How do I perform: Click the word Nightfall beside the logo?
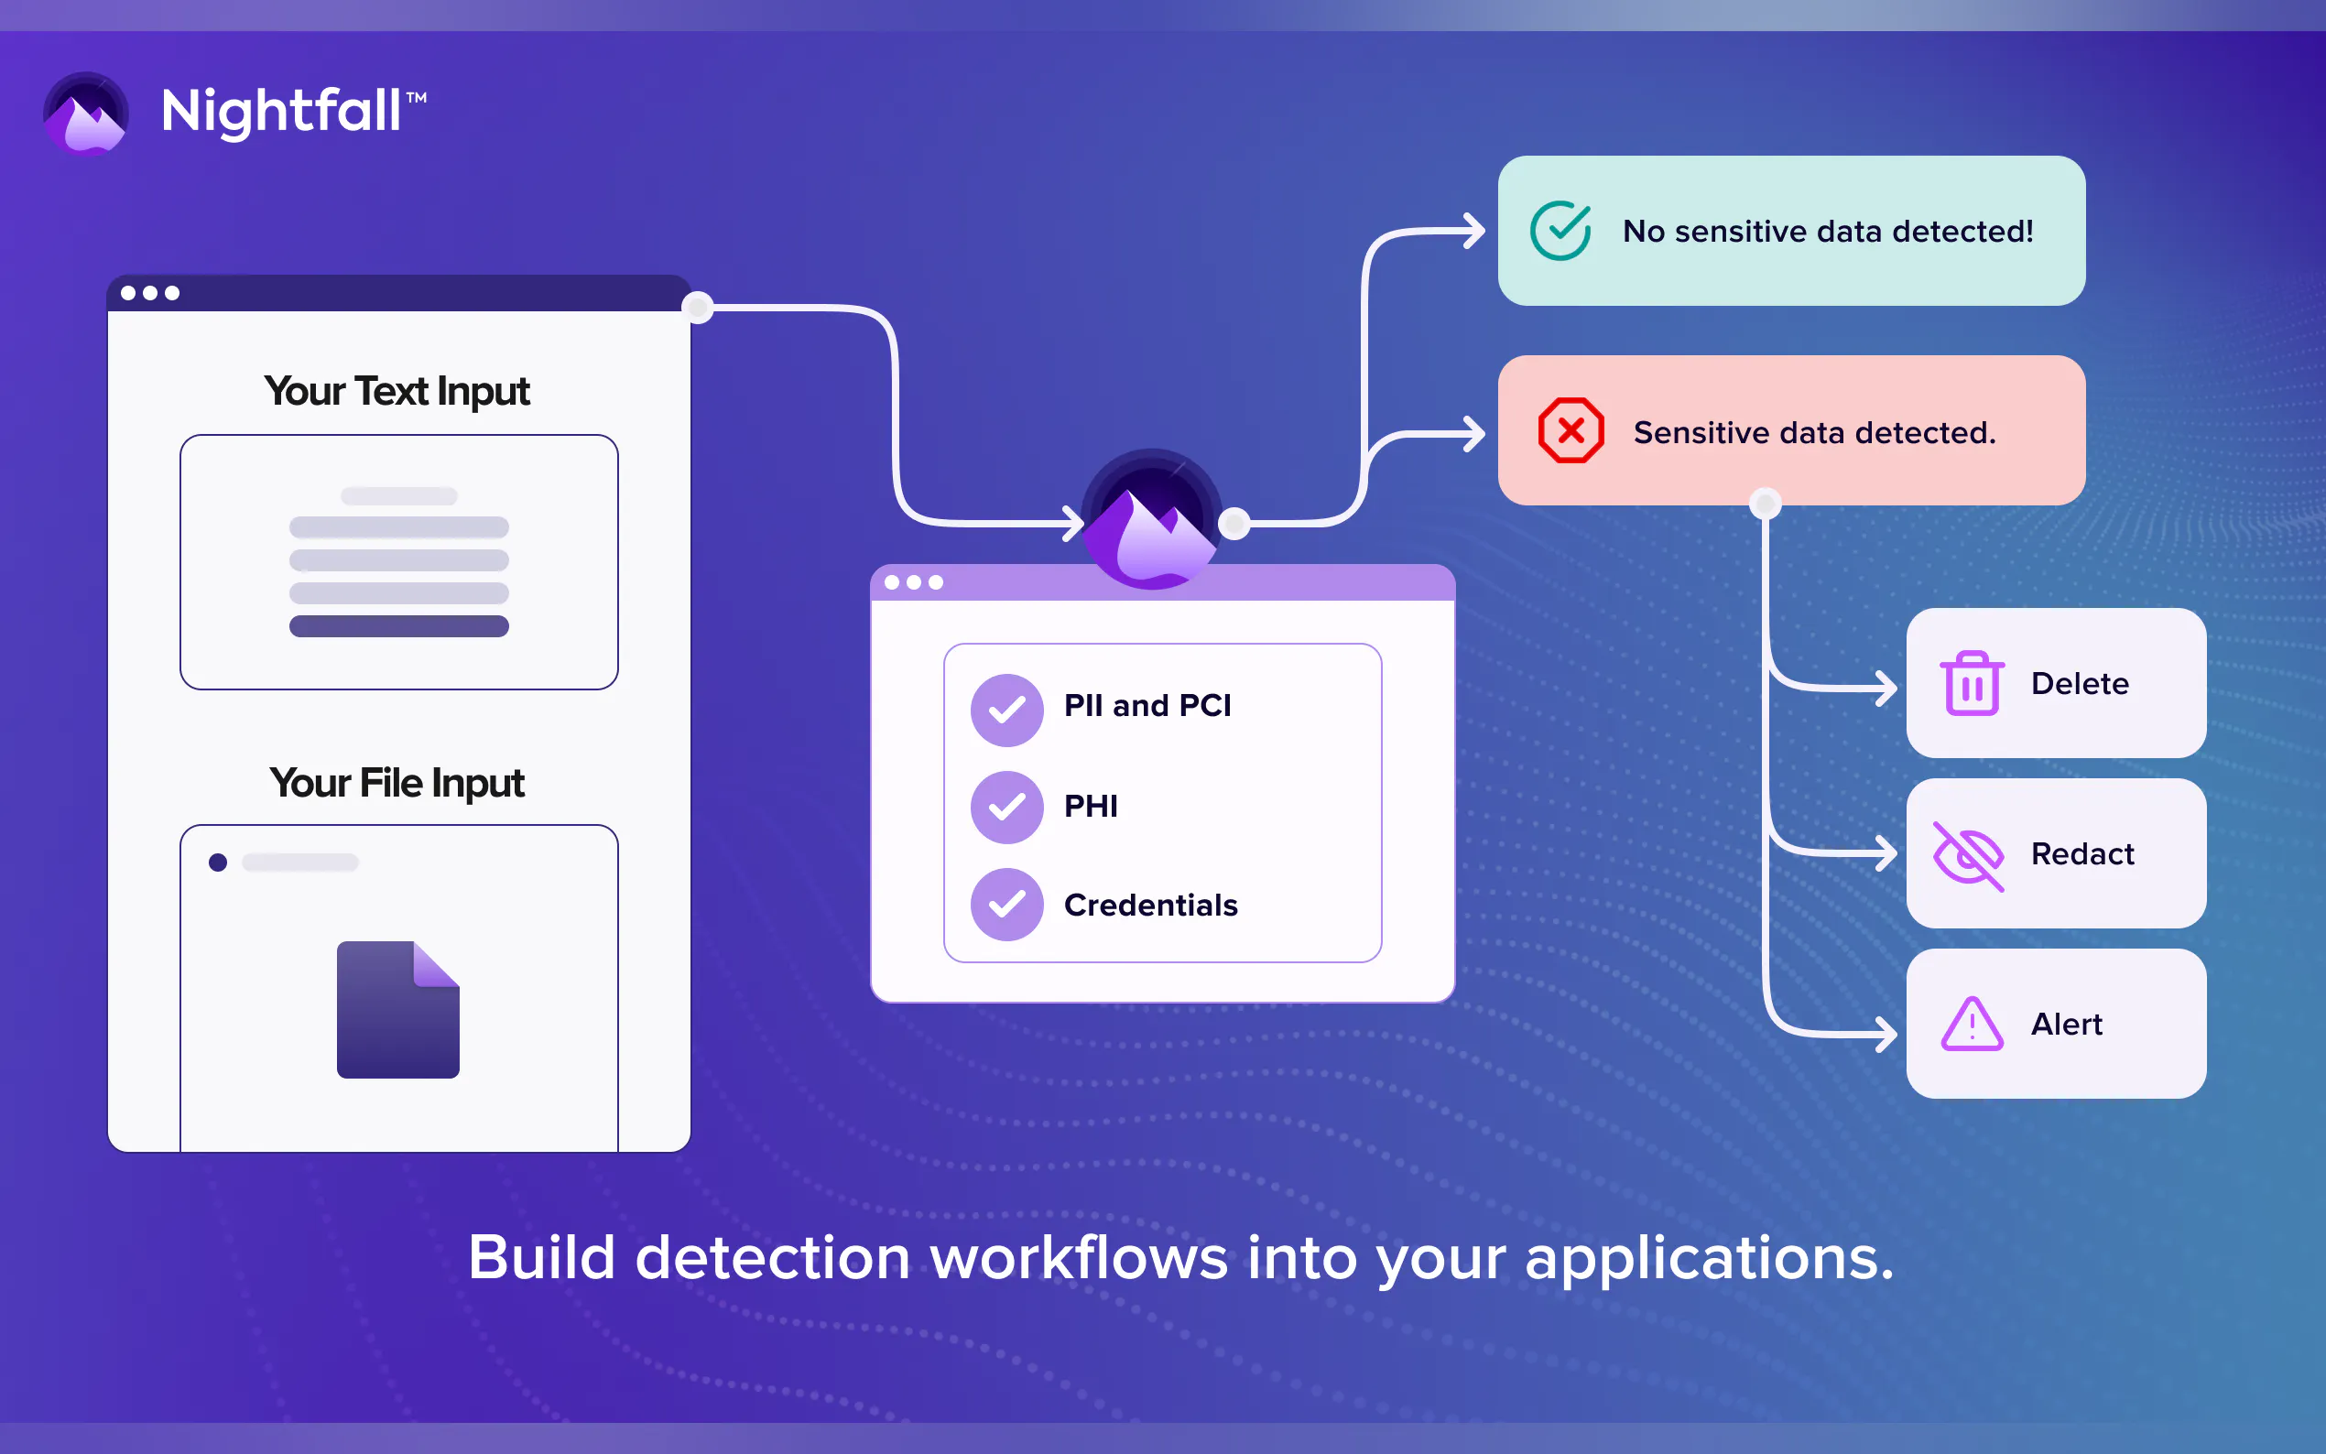tap(281, 111)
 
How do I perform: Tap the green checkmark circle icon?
tap(1560, 231)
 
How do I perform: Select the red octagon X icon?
tap(1571, 431)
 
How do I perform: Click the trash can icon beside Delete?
tap(1972, 684)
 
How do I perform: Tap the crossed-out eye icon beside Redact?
tap(1968, 855)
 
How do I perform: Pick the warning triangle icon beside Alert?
tap(1972, 1025)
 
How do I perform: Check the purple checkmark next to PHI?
tap(1006, 807)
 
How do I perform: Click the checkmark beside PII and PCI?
tap(1006, 710)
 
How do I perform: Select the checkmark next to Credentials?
tap(1006, 905)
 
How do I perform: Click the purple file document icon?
tap(398, 1010)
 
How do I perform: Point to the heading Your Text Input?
tap(397, 391)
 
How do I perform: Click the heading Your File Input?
tap(397, 783)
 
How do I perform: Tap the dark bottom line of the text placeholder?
tap(399, 626)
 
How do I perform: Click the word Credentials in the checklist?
tap(1150, 905)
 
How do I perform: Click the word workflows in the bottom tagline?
tap(1079, 1258)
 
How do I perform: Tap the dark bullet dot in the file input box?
tap(218, 863)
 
